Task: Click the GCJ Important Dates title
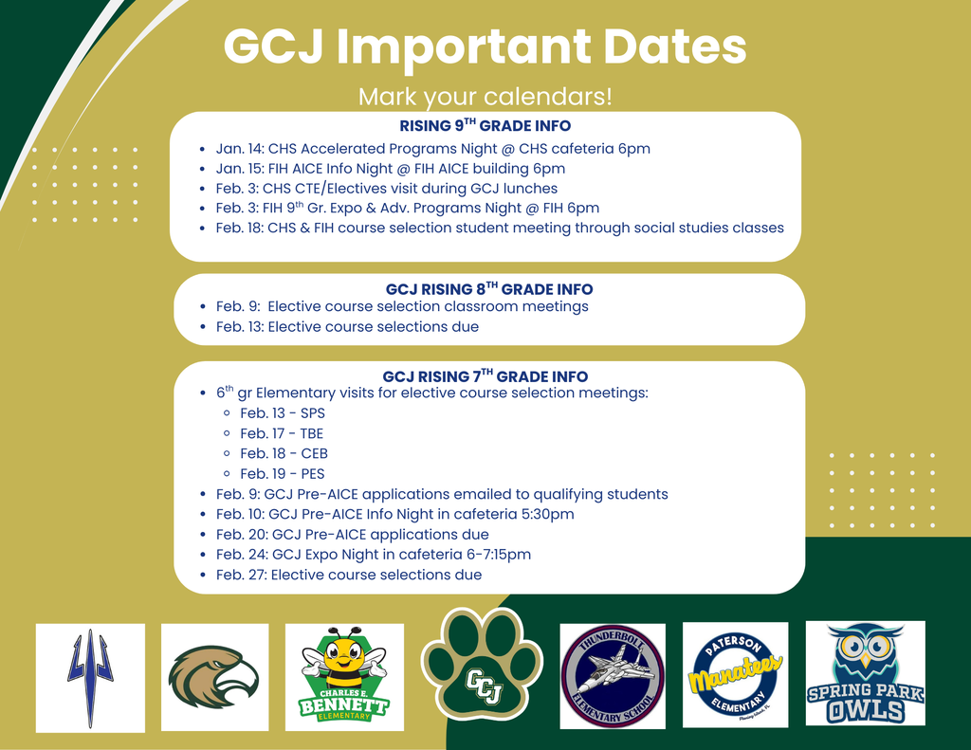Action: click(x=485, y=47)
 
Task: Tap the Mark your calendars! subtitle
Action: click(x=485, y=97)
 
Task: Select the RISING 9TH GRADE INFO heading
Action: click(x=485, y=126)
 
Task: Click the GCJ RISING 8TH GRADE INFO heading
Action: click(x=488, y=289)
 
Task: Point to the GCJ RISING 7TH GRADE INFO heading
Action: click(x=485, y=376)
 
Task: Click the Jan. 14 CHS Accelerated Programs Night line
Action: click(x=432, y=149)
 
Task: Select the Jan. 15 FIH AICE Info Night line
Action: click(x=390, y=169)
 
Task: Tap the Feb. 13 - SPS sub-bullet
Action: click(x=282, y=413)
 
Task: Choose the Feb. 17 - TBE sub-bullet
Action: click(x=282, y=433)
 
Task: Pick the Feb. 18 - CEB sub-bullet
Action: click(x=284, y=453)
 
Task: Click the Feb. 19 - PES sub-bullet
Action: click(x=282, y=473)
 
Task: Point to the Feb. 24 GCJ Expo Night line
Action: click(x=373, y=555)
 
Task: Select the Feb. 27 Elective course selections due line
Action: click(x=348, y=575)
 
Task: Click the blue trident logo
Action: click(x=90, y=677)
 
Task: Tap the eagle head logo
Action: click(x=214, y=676)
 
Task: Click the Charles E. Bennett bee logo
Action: click(x=343, y=677)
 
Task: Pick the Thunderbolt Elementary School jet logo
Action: click(x=613, y=676)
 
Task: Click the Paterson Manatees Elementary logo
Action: click(x=735, y=674)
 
